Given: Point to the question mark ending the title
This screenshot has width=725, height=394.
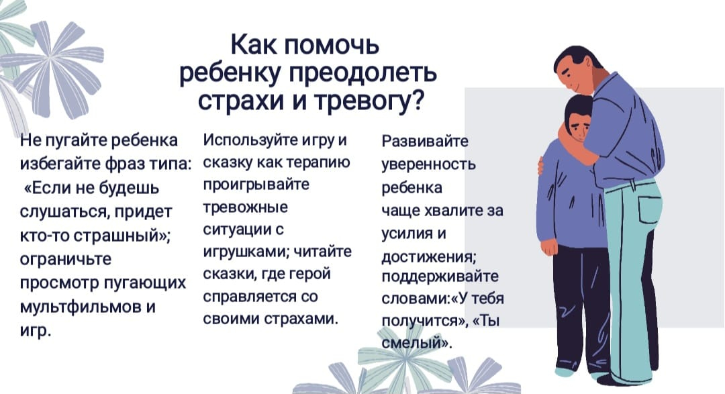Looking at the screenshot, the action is point(417,99).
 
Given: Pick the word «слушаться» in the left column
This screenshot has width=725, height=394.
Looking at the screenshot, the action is point(62,212).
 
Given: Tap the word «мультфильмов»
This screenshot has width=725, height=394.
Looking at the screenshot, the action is point(81,307).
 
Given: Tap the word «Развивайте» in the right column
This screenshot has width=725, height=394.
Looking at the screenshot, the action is point(425,141).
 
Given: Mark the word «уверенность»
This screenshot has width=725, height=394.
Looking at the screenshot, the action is point(428,164).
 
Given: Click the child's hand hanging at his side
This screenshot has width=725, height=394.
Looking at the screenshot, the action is point(549,248).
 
